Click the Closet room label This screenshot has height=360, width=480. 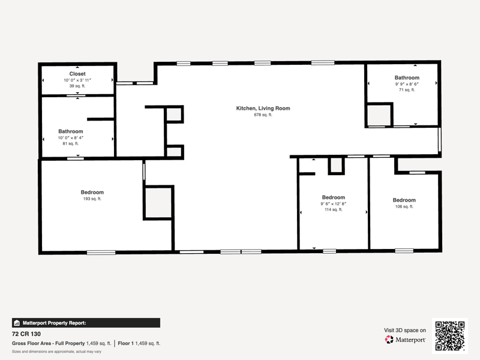pos(77,74)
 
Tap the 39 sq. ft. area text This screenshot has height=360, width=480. pos(77,86)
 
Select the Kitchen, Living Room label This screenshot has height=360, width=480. pos(263,109)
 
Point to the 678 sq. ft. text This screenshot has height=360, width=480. pos(263,115)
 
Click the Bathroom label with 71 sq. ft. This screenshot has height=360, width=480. pos(407,78)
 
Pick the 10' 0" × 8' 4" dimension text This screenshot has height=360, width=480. pos(71,138)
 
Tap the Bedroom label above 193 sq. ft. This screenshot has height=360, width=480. pos(92,192)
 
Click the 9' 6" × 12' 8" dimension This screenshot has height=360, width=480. pos(334,204)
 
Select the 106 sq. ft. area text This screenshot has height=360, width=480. pos(404,206)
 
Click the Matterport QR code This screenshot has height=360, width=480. pos(449,336)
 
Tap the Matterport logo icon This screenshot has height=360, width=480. pos(389,340)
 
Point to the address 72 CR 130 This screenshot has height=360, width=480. pos(26,334)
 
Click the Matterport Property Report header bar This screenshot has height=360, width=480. pos(86,323)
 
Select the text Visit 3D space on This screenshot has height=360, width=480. pos(405,331)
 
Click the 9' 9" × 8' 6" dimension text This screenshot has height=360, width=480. pos(407,84)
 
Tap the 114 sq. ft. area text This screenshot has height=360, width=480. pos(334,209)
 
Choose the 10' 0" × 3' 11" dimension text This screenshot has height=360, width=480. pos(77,80)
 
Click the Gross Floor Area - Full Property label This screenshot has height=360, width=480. pos(49,343)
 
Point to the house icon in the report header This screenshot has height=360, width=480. pos(17,323)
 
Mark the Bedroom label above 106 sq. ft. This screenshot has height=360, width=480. pos(404,200)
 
